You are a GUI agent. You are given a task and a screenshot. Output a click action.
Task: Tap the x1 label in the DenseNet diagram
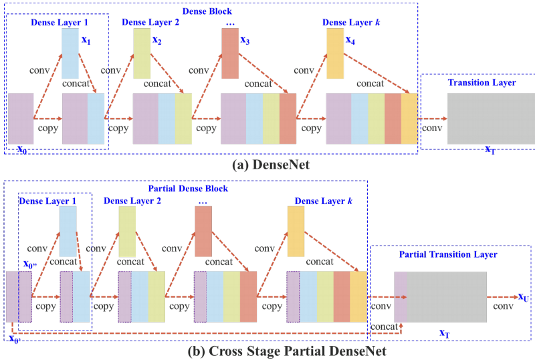(x=85, y=40)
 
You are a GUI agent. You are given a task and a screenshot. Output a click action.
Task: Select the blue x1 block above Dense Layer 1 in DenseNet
(x=70, y=53)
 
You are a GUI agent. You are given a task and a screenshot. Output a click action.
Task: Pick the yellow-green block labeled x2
(x=142, y=54)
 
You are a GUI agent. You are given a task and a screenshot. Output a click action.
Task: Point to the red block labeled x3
(x=230, y=54)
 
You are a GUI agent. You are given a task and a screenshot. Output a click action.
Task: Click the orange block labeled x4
(x=335, y=53)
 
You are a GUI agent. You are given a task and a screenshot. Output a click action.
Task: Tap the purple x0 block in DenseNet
(x=21, y=118)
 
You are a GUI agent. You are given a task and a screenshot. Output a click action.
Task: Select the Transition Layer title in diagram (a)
(x=481, y=82)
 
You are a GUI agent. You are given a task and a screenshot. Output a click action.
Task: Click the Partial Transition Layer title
(x=448, y=255)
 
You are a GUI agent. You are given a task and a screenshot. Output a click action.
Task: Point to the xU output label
(x=524, y=296)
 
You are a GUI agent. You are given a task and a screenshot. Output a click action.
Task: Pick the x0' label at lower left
(x=14, y=338)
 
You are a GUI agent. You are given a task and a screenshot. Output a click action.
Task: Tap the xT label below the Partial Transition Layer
(x=443, y=333)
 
